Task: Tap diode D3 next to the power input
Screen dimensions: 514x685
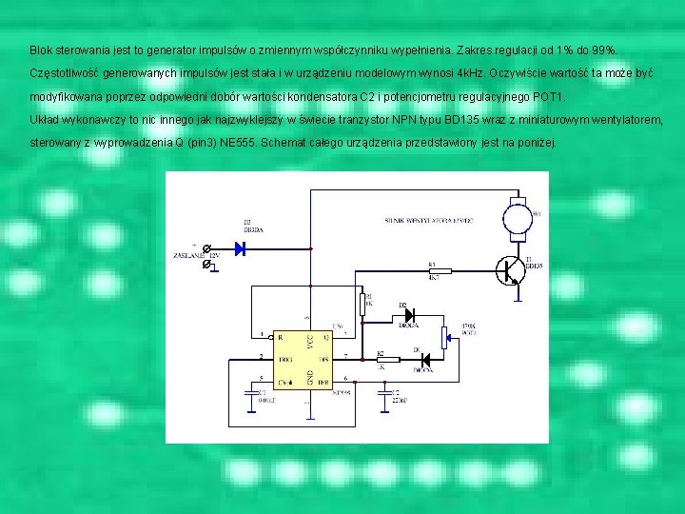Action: click(x=241, y=248)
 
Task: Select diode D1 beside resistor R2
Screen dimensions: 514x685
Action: click(x=424, y=360)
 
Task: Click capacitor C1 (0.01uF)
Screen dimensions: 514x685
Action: click(x=250, y=394)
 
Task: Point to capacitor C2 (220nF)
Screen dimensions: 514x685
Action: click(x=384, y=394)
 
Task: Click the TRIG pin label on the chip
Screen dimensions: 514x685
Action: click(x=283, y=359)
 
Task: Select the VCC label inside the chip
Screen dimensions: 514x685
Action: click(x=310, y=342)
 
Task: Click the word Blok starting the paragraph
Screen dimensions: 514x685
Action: click(x=41, y=49)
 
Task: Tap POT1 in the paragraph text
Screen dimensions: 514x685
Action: click(x=549, y=97)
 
